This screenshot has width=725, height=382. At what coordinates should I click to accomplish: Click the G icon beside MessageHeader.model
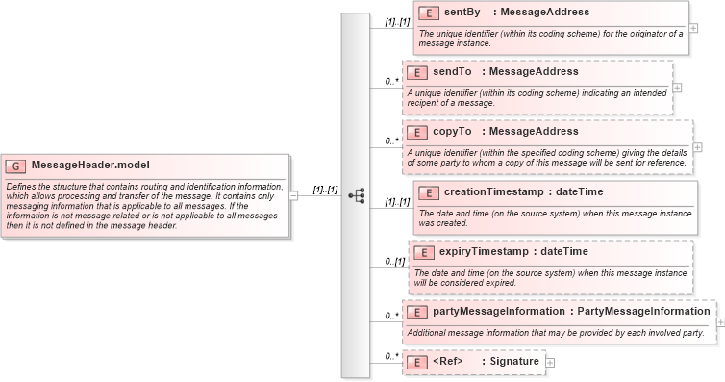click(16, 165)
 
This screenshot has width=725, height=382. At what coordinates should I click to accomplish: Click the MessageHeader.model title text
click(90, 165)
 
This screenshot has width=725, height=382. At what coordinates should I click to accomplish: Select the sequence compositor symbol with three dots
click(356, 193)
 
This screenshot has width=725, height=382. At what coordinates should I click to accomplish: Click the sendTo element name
click(452, 72)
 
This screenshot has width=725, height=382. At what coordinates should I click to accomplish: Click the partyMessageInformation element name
click(498, 312)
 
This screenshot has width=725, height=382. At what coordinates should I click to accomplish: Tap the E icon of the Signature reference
click(417, 362)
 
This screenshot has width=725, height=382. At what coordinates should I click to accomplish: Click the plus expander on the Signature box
click(550, 362)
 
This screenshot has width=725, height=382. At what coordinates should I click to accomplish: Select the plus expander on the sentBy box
click(692, 28)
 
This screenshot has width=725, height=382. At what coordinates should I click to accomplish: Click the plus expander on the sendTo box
click(678, 87)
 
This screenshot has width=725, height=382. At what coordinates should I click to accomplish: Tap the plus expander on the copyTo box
click(697, 146)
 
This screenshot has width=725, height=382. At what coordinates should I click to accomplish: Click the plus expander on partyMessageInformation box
click(720, 322)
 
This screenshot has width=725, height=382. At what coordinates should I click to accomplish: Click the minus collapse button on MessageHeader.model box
click(292, 195)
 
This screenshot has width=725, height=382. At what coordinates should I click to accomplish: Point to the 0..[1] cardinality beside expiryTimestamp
click(394, 262)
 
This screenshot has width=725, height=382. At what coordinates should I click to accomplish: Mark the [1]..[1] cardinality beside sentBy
click(397, 21)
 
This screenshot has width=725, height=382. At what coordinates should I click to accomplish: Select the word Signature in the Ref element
click(515, 362)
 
